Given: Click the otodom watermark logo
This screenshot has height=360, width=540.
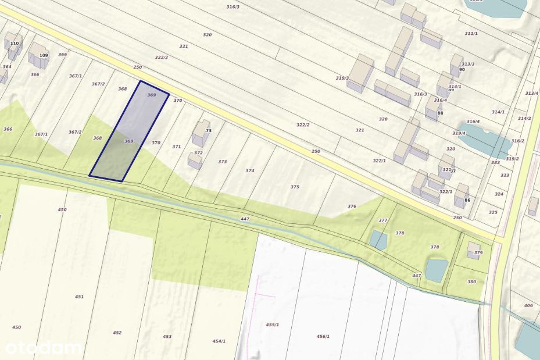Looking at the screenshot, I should [x=43, y=348].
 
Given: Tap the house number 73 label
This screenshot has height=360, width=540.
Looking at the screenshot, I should [x=208, y=131].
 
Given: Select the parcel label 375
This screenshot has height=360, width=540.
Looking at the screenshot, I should [x=295, y=187].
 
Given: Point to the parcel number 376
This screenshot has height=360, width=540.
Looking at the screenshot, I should [x=352, y=206].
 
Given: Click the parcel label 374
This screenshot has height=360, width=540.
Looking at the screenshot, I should [x=250, y=171].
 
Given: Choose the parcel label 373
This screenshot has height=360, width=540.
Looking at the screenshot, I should [x=223, y=162].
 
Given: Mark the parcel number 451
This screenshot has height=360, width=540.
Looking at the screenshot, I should [x=79, y=297].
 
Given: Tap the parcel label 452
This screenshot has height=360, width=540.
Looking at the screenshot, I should [x=117, y=333].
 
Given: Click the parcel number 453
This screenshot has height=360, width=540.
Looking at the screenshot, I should [x=167, y=337].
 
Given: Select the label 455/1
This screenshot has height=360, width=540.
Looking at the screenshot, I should [x=273, y=325].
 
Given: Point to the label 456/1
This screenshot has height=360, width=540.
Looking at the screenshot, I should [x=323, y=337].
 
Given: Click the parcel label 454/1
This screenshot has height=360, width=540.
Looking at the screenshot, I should [x=219, y=341].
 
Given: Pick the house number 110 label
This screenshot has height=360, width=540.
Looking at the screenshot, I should [x=15, y=44].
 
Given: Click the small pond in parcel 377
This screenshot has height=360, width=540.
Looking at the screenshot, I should [x=378, y=240].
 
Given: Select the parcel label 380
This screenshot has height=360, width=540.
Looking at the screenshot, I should [x=471, y=282].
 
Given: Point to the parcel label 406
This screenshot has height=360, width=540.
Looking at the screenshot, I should [x=528, y=305].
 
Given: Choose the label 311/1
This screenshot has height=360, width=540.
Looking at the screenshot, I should [x=471, y=34].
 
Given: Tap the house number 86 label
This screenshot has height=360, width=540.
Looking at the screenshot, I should [x=467, y=200].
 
